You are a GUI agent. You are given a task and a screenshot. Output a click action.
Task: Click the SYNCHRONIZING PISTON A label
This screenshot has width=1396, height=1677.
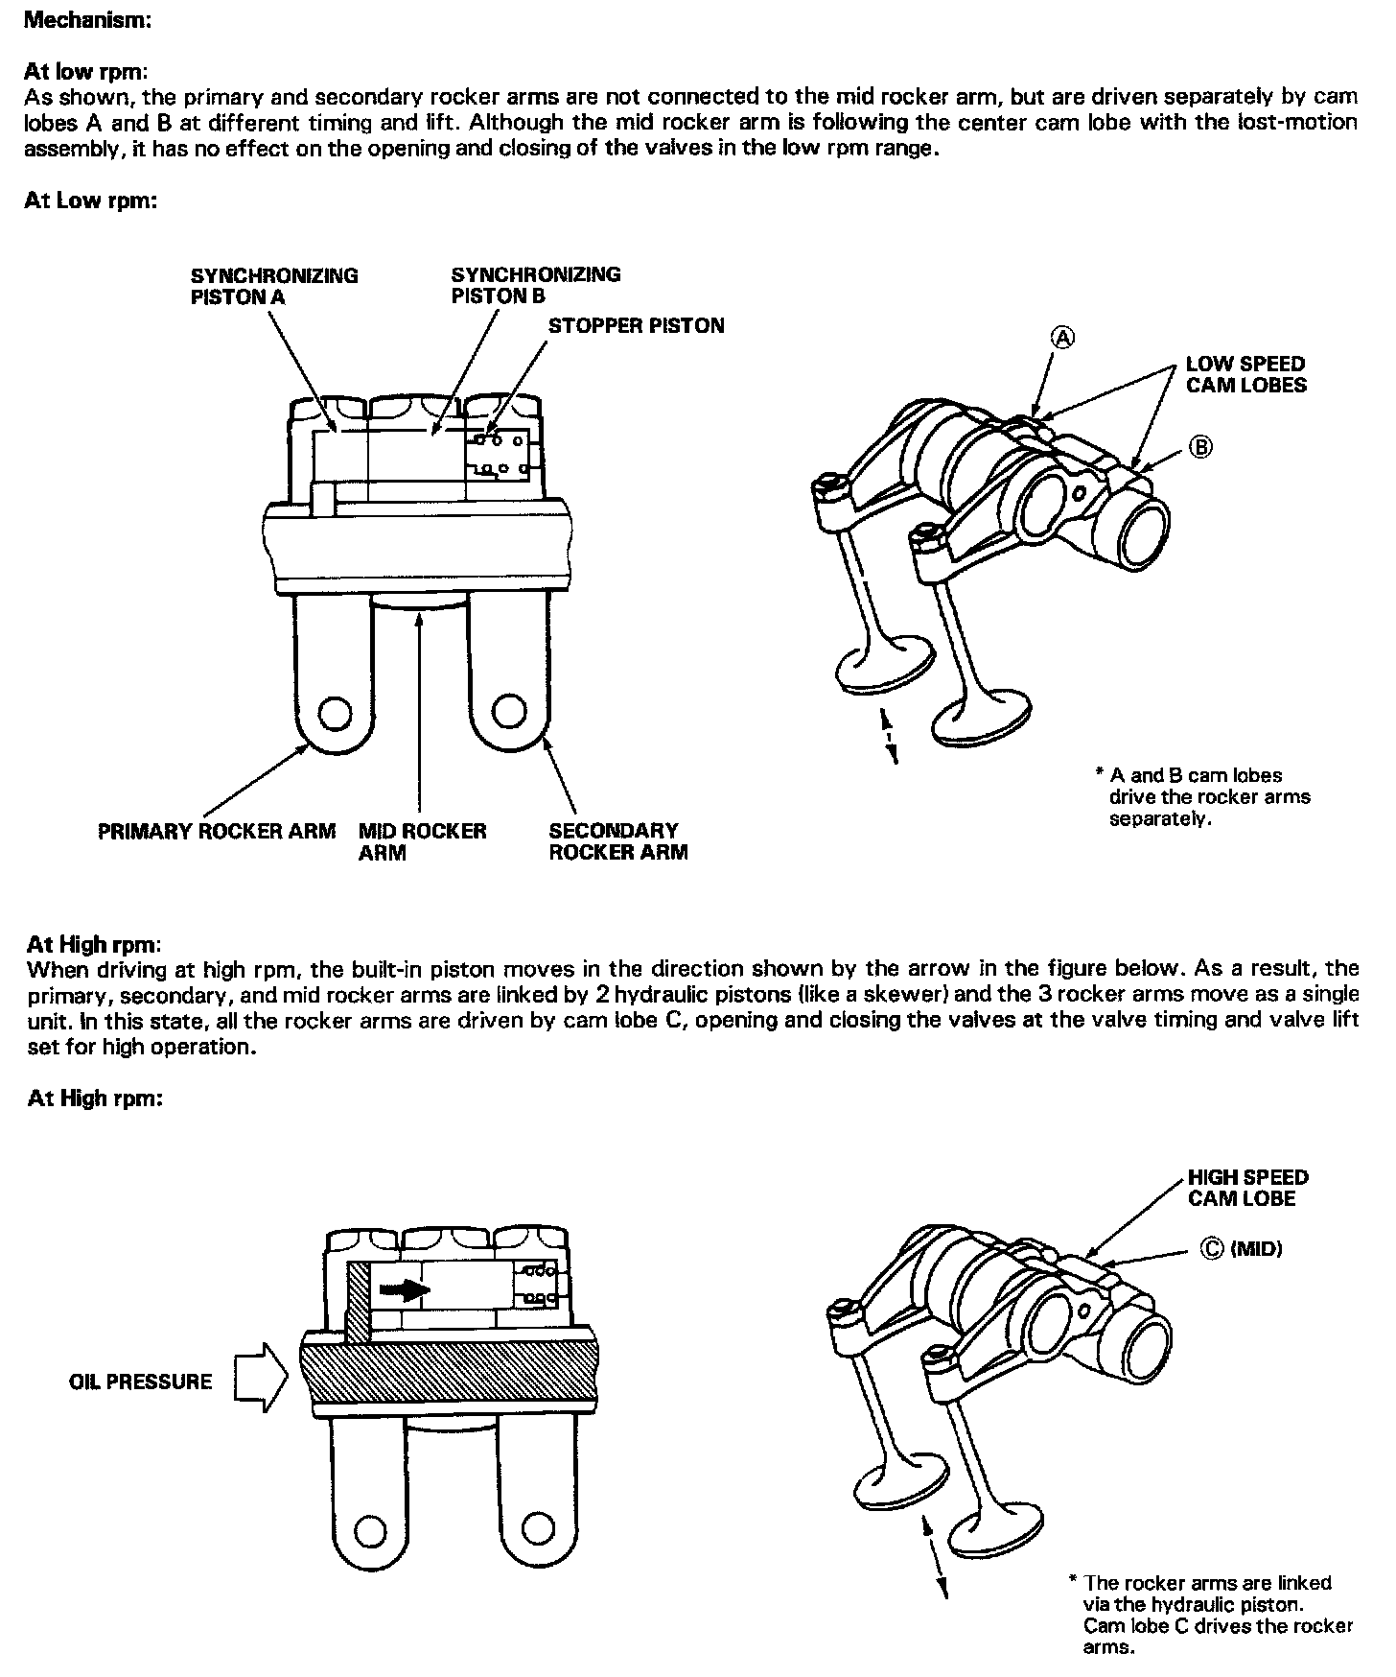273,286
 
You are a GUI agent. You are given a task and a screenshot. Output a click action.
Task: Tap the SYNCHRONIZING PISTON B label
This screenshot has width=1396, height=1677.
535,285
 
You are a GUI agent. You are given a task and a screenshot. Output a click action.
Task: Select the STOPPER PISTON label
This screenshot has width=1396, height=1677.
636,326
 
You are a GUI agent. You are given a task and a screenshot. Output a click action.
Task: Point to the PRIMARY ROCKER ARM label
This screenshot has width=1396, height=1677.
217,831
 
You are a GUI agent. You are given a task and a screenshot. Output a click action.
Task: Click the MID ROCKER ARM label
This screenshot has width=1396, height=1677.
422,841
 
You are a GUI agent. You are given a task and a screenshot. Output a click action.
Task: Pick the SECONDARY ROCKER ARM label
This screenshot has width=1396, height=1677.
617,841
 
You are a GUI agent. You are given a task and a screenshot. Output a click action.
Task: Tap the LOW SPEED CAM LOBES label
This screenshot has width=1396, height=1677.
1245,374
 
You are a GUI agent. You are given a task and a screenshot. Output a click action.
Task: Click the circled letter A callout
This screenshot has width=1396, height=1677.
1064,337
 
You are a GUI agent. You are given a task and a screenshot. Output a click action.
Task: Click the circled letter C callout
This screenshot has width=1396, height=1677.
1212,1248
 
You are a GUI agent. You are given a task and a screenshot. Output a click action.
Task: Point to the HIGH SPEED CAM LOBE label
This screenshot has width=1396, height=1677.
1247,1188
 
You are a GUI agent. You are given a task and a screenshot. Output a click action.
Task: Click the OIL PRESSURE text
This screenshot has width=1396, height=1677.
141,1382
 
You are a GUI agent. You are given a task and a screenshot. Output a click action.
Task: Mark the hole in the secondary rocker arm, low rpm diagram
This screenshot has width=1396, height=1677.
508,712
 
